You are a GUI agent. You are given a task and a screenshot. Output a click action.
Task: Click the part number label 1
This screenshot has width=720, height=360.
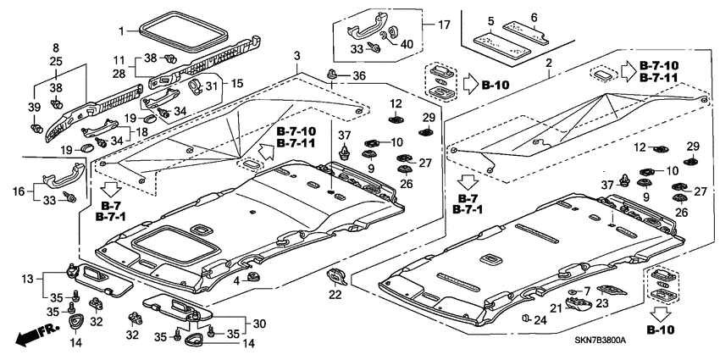121,31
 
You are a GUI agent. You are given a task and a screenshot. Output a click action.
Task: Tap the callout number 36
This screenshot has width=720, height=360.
359,77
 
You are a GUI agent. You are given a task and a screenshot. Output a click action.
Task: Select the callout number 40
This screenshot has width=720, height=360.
407,44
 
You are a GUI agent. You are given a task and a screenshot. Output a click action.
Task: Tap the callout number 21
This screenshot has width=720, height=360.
556,308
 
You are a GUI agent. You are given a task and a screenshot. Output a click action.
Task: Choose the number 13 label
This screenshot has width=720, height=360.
27,278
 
